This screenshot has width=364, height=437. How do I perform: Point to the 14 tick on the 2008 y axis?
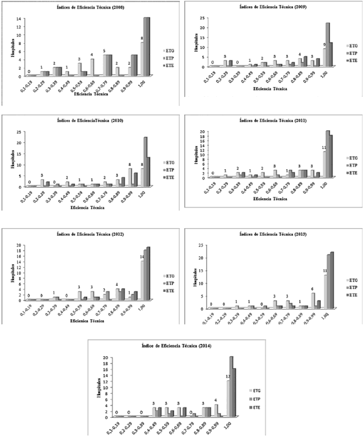point(20,18)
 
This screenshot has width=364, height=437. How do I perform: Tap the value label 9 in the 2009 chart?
point(324,44)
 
